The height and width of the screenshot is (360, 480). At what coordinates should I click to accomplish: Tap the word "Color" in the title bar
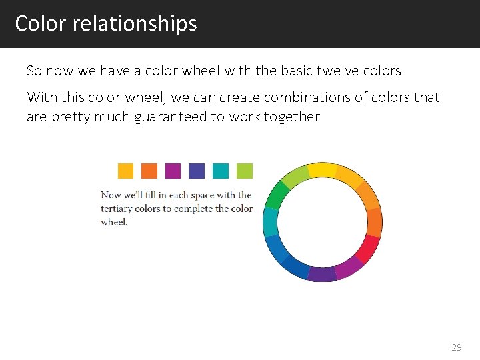coord(41,23)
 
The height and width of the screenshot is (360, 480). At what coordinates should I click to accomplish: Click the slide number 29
coord(456,347)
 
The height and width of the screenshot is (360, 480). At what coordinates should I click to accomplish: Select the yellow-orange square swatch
coord(125,171)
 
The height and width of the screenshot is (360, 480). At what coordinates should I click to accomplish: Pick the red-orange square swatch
coord(149,171)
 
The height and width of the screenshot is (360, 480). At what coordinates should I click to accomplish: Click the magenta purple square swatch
coord(173,171)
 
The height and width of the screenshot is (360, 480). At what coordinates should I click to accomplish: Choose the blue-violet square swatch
coord(197,171)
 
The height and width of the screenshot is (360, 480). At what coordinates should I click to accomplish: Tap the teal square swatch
coord(221,171)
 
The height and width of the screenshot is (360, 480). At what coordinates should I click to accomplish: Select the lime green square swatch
coord(245,171)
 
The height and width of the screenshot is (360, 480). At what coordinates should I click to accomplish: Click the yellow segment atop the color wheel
coord(323,169)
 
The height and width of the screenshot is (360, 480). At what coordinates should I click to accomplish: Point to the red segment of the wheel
coord(367,249)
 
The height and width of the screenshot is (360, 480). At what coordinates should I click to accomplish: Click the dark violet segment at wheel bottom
coord(323,274)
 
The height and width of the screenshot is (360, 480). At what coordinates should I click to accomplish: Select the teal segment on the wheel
coord(270,221)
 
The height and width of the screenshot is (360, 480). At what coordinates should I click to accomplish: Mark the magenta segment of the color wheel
coord(349,267)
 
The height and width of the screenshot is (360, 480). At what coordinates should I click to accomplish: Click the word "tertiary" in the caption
coord(116,209)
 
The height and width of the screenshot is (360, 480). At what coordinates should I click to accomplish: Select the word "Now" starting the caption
coord(111,195)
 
